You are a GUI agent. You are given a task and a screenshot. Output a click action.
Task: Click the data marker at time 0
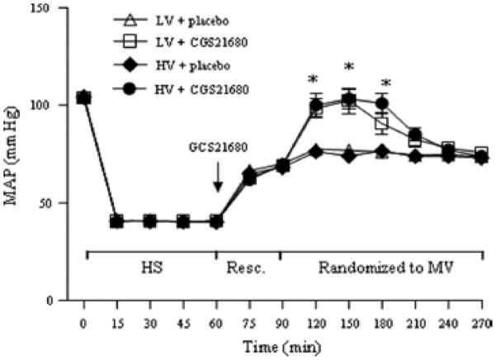[x=83, y=97]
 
